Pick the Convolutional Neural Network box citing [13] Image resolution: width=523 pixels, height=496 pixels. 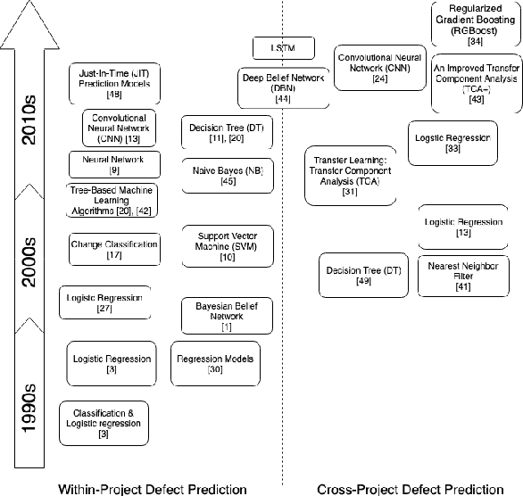coord(120,128)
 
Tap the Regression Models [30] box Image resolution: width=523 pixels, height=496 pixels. coord(215,364)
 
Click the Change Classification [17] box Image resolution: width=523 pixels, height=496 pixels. coord(113,250)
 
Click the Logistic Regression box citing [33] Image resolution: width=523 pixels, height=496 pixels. coord(452,143)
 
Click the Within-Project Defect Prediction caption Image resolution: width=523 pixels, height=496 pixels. coord(152,488)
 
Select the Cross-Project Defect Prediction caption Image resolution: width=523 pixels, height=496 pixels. coord(410,488)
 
